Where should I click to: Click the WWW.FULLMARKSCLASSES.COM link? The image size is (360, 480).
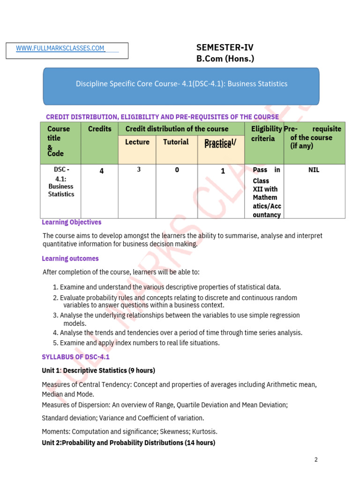coord(60,48)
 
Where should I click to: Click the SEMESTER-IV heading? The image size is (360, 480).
coord(225,47)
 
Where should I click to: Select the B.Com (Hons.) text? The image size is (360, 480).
coord(225,59)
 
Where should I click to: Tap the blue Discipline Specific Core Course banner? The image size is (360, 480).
coord(181,84)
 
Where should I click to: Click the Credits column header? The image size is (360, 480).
coord(100,129)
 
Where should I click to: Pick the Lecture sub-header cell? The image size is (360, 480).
coord(137,142)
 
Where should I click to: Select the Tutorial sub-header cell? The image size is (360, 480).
coord(176,142)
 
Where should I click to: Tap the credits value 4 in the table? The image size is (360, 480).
coord(101,171)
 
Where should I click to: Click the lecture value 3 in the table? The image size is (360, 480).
coord(139,170)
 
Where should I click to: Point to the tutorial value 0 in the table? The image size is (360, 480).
coord(177,170)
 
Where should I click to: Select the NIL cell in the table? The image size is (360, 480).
coord(314,170)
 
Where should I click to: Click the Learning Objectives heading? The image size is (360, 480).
coord(71,222)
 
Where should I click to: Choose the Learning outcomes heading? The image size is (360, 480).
coord(70,258)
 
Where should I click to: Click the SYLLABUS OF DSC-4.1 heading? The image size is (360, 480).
coord(75,357)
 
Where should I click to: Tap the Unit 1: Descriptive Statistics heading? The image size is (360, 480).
coord(98,370)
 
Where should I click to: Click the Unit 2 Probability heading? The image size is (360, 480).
coord(128,442)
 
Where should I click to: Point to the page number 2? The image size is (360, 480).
coord(316,459)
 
